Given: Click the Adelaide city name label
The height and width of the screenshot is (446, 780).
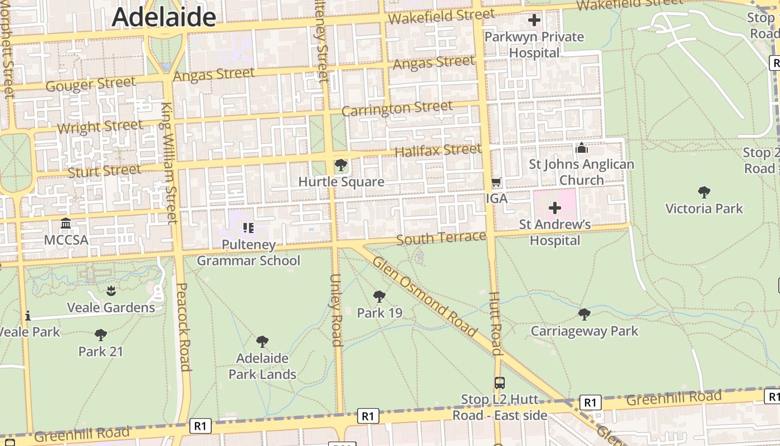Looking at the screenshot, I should pyautogui.click(x=164, y=17).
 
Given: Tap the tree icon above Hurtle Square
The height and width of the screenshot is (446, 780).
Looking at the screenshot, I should pyautogui.click(x=340, y=166).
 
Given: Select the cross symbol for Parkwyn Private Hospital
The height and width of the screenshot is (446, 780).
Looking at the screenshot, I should pyautogui.click(x=534, y=21).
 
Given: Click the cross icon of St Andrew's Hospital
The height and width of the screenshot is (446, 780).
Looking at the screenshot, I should pyautogui.click(x=555, y=209).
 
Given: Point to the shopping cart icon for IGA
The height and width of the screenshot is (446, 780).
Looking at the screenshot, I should pyautogui.click(x=496, y=182).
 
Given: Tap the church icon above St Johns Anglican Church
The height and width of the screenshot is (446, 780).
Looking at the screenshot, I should pyautogui.click(x=581, y=148).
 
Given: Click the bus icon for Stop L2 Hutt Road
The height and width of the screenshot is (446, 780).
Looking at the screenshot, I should pyautogui.click(x=500, y=383).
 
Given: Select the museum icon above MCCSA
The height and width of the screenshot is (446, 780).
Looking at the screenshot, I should pyautogui.click(x=66, y=224).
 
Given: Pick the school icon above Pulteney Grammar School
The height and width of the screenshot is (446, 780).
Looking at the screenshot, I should pyautogui.click(x=248, y=227).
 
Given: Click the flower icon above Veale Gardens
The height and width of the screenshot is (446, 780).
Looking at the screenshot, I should pyautogui.click(x=111, y=290).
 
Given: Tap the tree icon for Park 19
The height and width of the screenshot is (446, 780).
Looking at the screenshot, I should pyautogui.click(x=379, y=297).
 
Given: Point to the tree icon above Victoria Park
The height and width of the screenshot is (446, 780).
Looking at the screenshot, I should pyautogui.click(x=704, y=192).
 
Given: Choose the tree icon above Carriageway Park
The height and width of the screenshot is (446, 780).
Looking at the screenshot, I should pyautogui.click(x=584, y=314).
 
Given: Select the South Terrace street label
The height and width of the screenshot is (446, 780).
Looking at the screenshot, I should pyautogui.click(x=441, y=238).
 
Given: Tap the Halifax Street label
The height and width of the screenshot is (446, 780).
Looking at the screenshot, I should pyautogui.click(x=438, y=150).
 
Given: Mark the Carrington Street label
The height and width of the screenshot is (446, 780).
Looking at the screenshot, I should pyautogui.click(x=397, y=109).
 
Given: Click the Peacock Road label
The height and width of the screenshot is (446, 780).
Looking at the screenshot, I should pyautogui.click(x=184, y=327).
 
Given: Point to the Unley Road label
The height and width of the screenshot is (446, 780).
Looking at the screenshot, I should pyautogui.click(x=336, y=310).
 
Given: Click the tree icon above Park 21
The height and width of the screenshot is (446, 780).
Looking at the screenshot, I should pyautogui.click(x=101, y=335).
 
